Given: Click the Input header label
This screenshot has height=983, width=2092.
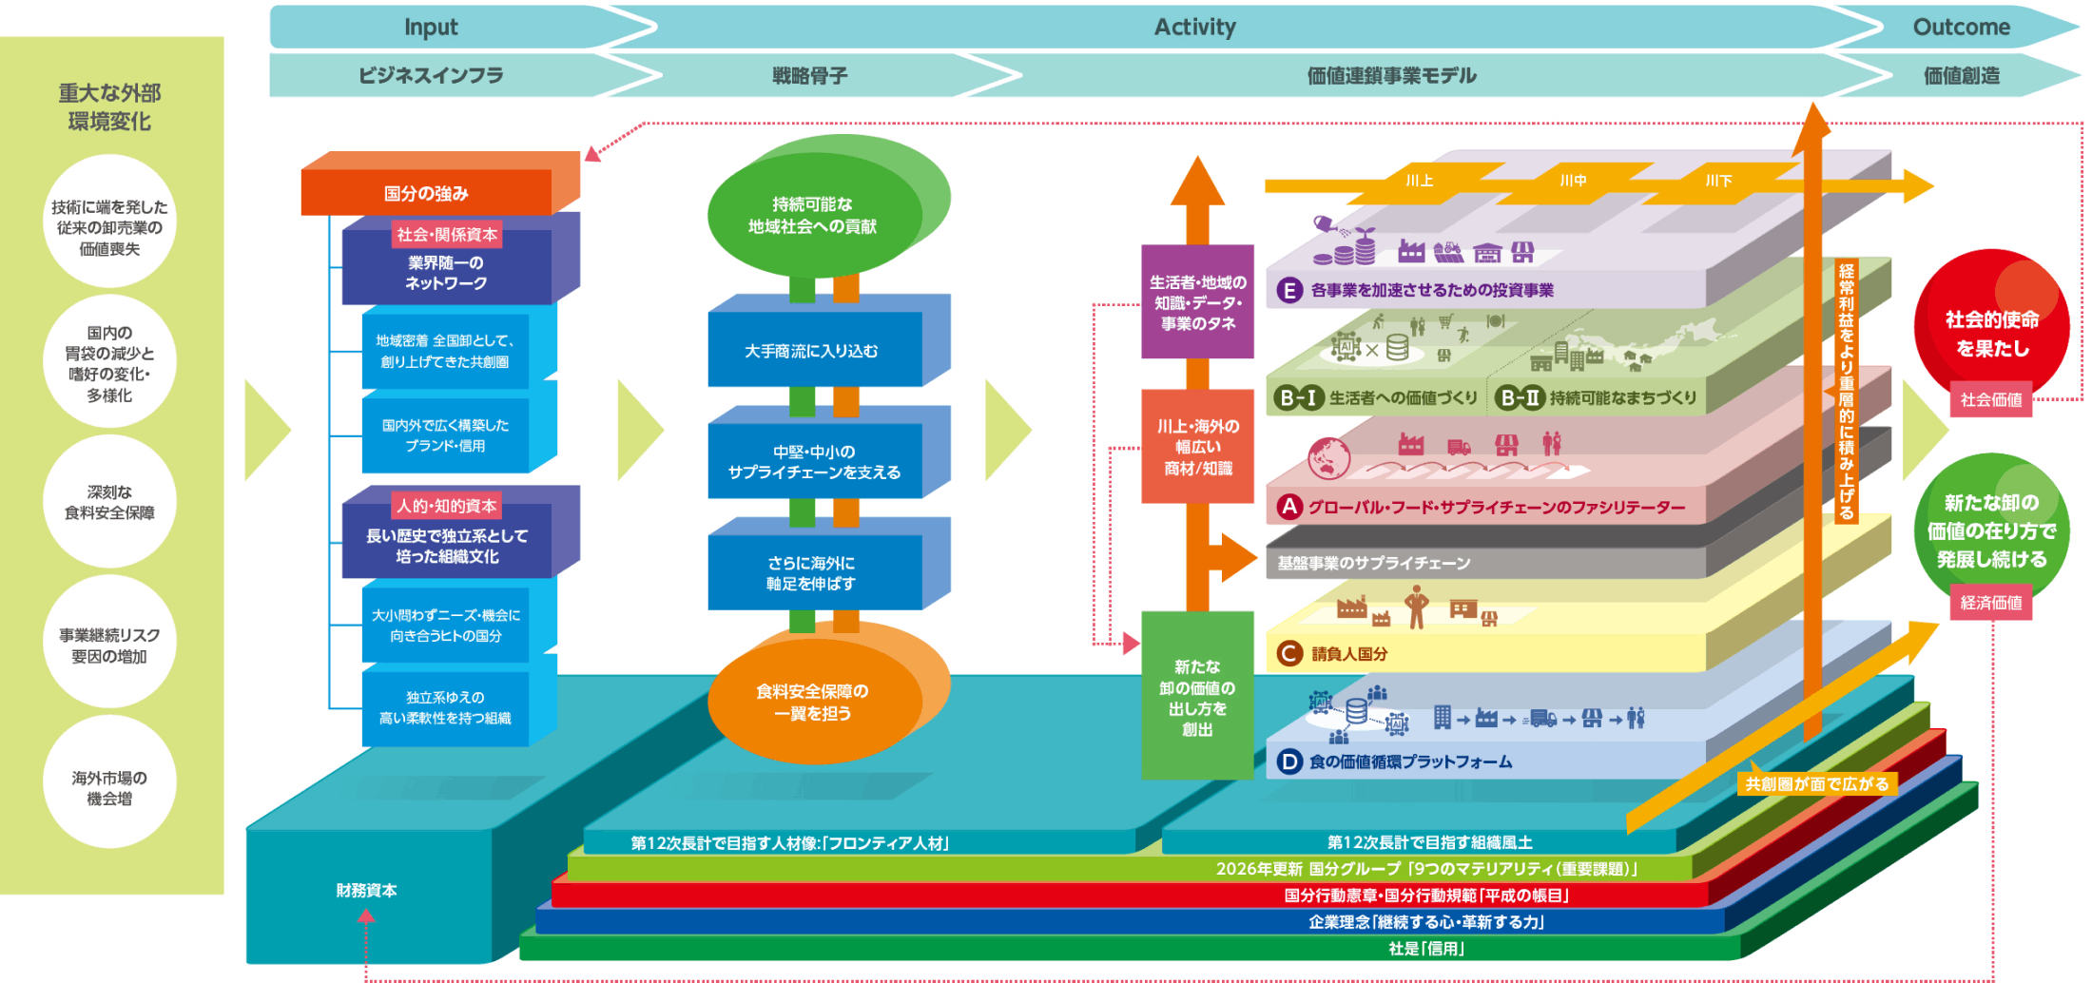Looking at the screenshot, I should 431,27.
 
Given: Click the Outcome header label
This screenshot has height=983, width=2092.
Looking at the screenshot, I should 1961,27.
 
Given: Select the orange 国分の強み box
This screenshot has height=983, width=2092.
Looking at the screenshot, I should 426,193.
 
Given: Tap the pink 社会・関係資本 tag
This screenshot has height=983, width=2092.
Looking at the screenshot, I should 447,234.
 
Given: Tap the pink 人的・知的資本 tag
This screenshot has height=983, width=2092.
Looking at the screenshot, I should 447,506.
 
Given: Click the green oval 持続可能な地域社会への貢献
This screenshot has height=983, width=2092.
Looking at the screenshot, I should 813,216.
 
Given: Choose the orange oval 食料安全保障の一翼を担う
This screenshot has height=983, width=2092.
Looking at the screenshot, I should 813,702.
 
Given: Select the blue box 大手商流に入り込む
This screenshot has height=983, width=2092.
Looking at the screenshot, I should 813,351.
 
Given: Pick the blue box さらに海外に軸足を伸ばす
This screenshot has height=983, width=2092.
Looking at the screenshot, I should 813,573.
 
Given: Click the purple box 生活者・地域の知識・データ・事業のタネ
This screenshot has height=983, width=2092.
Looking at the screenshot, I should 1197,302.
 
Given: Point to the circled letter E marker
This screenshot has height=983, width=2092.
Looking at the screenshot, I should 1288,290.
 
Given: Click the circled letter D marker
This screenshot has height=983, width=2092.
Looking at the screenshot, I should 1288,761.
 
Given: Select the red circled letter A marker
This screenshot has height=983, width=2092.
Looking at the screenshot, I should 1288,507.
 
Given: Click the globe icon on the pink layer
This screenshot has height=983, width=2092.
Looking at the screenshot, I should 1328,458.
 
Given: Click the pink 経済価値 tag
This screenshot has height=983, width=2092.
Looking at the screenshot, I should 1991,603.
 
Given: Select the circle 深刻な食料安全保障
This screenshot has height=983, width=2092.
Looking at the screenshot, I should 109,502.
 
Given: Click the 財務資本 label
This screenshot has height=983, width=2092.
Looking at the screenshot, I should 366,890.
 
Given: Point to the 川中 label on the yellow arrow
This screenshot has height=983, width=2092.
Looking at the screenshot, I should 1573,181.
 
